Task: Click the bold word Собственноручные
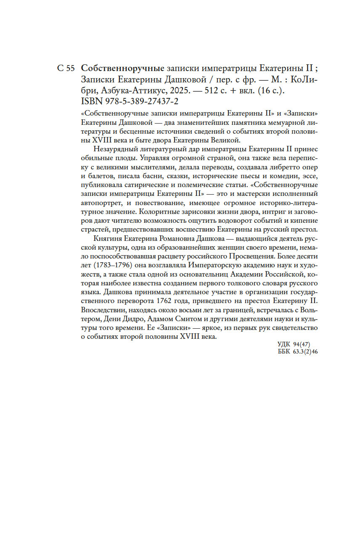point(122,68)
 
